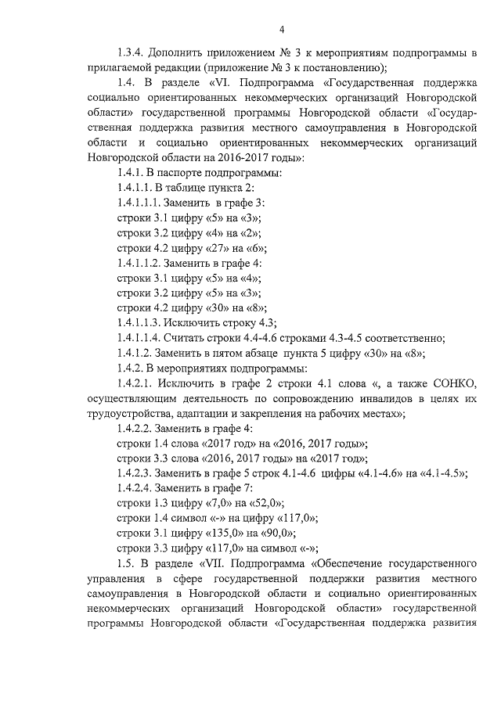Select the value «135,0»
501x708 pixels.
pyautogui.click(x=218, y=533)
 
